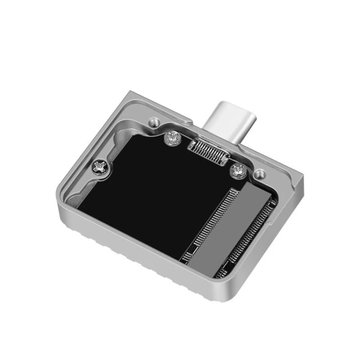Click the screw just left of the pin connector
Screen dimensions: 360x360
point(171,138)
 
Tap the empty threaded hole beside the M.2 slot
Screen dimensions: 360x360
point(260,174)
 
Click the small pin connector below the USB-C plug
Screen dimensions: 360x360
point(207,152)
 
